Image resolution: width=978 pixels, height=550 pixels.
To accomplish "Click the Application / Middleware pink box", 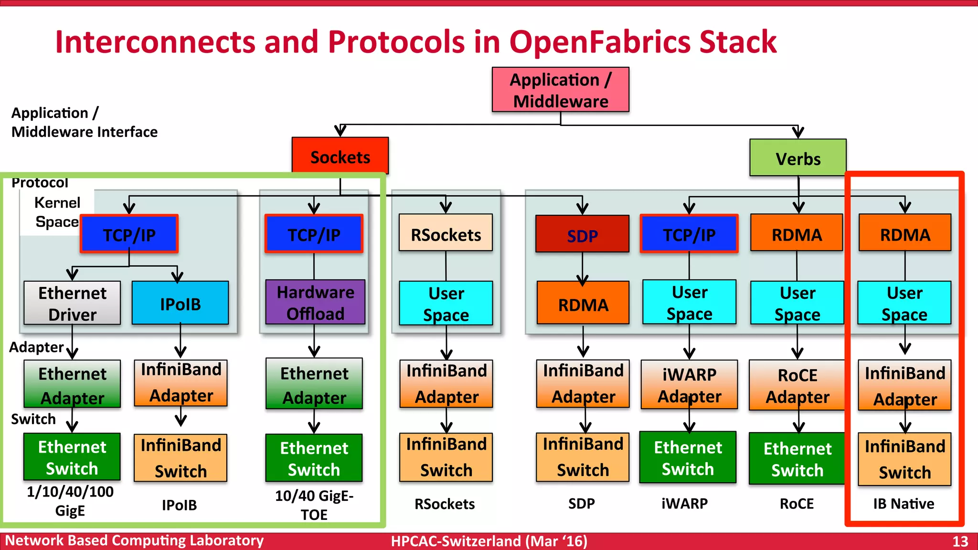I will tap(560, 90).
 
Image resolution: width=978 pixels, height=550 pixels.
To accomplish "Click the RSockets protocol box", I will tap(446, 233).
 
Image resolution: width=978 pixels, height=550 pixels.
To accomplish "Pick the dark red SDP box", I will tap(582, 234).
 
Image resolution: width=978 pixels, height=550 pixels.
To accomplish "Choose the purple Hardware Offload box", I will tap(315, 302).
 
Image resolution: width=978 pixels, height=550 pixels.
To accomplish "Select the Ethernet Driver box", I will tap(72, 303).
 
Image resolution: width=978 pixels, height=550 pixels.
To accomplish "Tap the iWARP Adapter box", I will tap(689, 385).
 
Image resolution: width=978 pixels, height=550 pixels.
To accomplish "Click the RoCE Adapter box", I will tap(797, 385).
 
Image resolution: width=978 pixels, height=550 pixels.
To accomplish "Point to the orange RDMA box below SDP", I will tap(583, 304).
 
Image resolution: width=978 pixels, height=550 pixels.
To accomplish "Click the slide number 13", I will tap(960, 541).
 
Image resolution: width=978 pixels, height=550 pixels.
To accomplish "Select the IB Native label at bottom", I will tap(904, 504).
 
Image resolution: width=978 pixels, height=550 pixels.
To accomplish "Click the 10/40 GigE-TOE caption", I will tap(314, 505).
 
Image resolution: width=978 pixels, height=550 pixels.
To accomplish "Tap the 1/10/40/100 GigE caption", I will tap(70, 501).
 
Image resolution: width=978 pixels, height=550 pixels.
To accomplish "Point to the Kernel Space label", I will tap(57, 212).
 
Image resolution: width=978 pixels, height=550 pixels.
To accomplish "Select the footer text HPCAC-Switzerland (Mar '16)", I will tap(489, 541).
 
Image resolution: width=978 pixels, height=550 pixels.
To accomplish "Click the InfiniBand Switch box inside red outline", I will tap(904, 459).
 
